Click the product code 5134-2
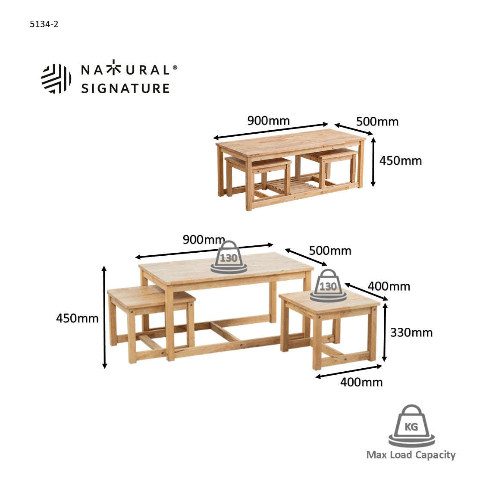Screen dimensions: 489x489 [44, 24]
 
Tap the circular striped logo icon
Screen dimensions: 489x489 [56, 78]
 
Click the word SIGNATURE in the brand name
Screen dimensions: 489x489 [125, 88]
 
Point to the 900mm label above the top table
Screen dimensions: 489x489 [269, 121]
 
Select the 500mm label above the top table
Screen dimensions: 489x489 [377, 122]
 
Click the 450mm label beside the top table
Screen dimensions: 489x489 [401, 160]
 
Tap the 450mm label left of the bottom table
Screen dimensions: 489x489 [77, 318]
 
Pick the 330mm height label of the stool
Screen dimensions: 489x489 [411, 333]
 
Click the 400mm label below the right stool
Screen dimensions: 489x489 [361, 382]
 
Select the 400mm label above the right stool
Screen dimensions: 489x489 [389, 286]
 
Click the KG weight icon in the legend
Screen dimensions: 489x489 [411, 426]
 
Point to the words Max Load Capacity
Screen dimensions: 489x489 [411, 455]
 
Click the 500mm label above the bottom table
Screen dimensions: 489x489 [330, 251]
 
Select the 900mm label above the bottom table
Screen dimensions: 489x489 [204, 239]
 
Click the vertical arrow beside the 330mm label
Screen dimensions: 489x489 [385, 332]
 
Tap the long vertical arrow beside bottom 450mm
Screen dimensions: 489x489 [104, 317]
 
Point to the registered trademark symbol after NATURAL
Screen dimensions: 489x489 [175, 67]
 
